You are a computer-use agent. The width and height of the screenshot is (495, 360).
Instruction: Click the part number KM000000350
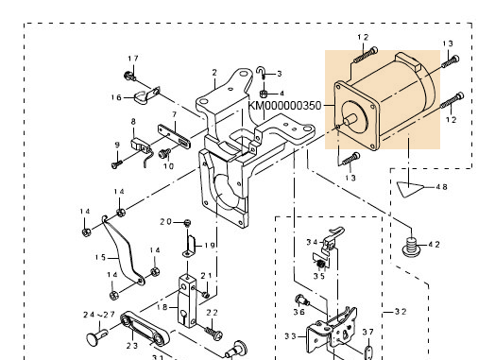tap(285, 106)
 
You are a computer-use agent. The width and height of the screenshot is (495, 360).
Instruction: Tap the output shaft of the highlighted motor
tap(350, 120)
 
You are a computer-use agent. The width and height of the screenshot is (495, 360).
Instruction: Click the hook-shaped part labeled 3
tap(261, 74)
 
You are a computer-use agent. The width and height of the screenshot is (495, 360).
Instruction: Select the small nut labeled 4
tap(264, 94)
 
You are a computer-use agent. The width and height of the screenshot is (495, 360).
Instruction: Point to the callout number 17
tap(133, 59)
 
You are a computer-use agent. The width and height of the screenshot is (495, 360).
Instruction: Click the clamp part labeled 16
tap(146, 96)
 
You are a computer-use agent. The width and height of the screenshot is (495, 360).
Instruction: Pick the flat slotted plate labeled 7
tap(174, 136)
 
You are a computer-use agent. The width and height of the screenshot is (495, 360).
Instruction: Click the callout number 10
tap(168, 166)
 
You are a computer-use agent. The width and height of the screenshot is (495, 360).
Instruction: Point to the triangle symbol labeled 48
tap(409, 189)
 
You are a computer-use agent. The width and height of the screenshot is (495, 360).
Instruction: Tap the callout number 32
tap(401, 312)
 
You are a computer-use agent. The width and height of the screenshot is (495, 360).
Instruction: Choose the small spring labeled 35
tap(321, 265)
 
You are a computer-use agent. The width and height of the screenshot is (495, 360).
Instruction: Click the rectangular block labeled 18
tap(187, 301)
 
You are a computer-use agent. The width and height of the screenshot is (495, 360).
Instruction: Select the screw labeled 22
tap(214, 334)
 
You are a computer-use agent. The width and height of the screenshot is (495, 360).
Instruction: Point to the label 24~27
tap(99, 315)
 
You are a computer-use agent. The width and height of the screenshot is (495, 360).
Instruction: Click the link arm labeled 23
tap(145, 329)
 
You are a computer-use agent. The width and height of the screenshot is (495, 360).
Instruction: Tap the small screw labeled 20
tap(188, 223)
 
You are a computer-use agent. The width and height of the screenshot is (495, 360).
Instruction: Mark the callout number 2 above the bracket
tap(214, 73)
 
